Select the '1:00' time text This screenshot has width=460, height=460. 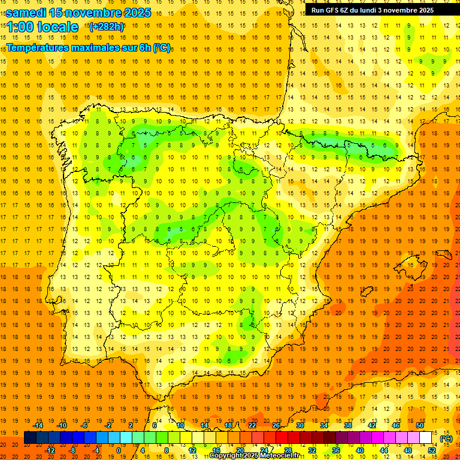(20, 27)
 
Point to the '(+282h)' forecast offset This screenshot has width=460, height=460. (106, 27)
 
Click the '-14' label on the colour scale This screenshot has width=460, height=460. (38, 425)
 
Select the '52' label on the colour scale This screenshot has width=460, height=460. (432, 450)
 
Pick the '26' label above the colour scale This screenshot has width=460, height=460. (276, 425)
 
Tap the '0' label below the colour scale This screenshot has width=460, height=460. (119, 450)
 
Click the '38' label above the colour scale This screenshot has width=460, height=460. (348, 425)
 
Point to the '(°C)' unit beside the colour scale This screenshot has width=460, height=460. (446, 438)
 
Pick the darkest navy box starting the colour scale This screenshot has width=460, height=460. (30, 438)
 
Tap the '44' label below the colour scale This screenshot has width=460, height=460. (384, 450)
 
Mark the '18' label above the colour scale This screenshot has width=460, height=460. (228, 425)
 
